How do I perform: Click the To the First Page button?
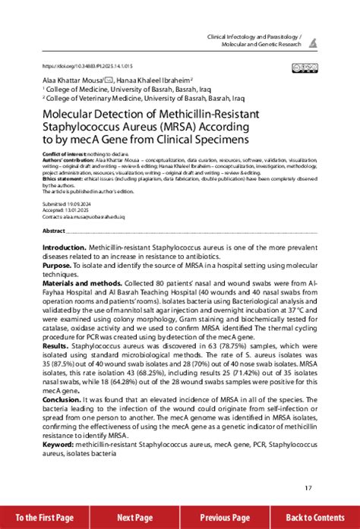44,517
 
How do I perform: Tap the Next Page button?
135,517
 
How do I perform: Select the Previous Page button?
225,517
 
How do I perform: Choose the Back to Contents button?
315,517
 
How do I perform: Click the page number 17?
308,487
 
